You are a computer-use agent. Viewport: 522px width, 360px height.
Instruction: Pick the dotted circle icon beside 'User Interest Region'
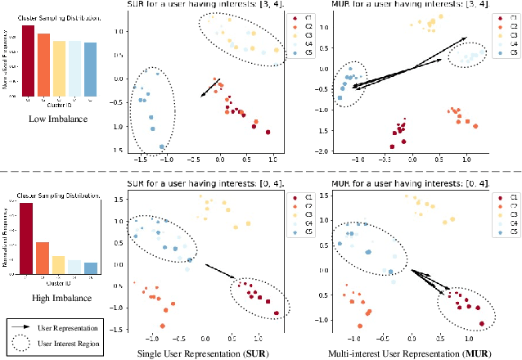[23, 344]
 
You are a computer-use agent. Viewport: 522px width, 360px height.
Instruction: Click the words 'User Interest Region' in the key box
[69, 344]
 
